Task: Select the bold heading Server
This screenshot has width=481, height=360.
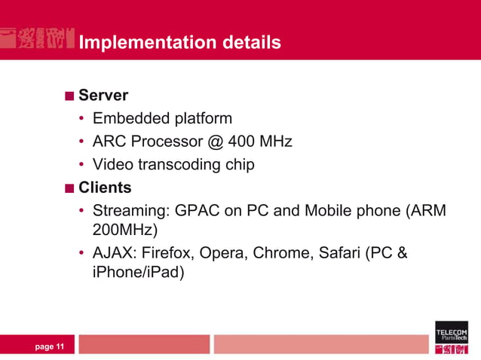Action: tap(103, 96)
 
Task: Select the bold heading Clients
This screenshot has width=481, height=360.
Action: tap(105, 187)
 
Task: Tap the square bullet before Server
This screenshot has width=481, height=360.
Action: tap(69, 96)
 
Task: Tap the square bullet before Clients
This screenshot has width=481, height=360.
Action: tap(69, 188)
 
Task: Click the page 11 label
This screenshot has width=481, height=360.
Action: tap(49, 346)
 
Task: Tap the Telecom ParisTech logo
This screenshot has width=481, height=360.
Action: tap(451, 337)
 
